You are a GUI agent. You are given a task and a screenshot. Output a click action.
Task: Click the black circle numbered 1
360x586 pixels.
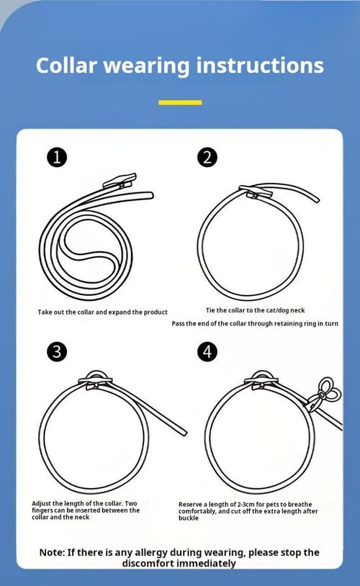[x=57, y=157]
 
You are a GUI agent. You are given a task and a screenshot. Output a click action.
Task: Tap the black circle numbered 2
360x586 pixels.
[x=207, y=157]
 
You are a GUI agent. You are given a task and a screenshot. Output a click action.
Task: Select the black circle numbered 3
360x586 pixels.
[x=57, y=351]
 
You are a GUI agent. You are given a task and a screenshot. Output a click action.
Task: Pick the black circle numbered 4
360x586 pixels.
[x=207, y=351]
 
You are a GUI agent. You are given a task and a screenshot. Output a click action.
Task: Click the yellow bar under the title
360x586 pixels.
[x=179, y=102]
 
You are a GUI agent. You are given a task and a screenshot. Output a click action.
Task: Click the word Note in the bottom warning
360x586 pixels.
[x=52, y=552]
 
